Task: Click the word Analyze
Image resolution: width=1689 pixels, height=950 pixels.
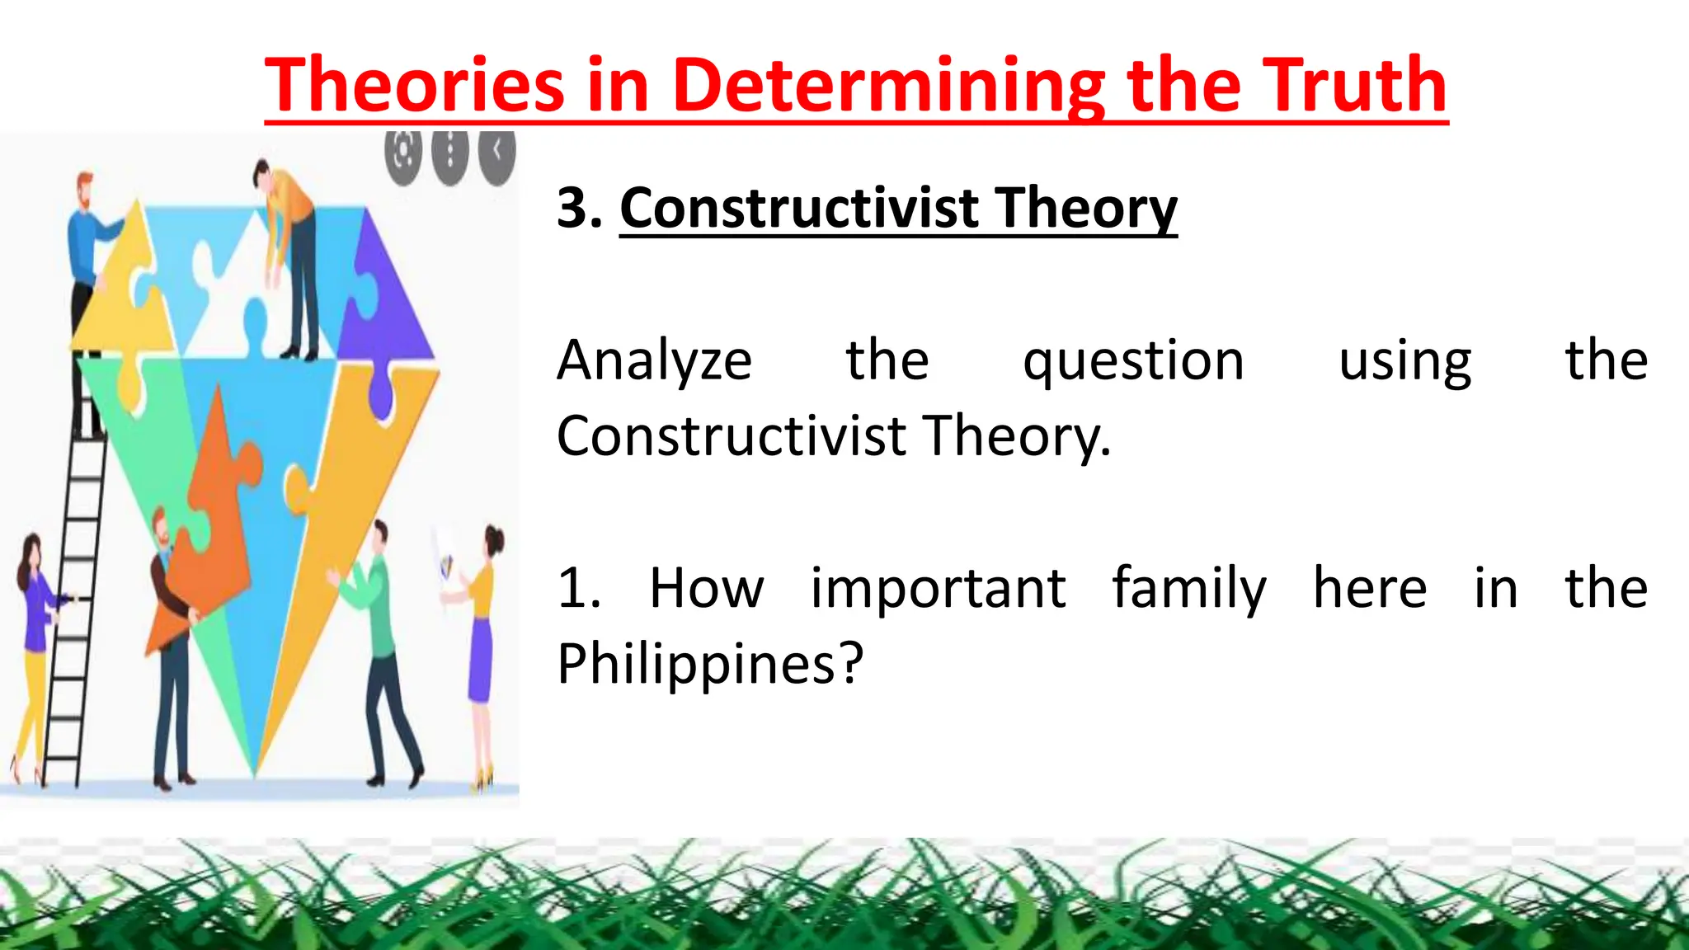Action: pos(654,361)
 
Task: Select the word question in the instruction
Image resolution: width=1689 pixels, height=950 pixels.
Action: pos(1133,361)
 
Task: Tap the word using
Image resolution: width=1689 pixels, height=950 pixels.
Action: pos(1404,361)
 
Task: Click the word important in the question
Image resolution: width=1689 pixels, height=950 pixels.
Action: pos(938,589)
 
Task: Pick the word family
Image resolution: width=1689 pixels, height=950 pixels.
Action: pos(1188,589)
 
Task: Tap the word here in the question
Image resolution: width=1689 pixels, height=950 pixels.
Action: pos(1369,589)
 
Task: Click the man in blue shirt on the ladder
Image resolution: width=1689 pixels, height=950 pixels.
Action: pos(87,272)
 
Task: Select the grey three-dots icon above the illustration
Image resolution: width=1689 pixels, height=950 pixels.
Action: pos(449,153)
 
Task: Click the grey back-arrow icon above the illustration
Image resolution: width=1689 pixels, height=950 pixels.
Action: pos(497,151)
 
